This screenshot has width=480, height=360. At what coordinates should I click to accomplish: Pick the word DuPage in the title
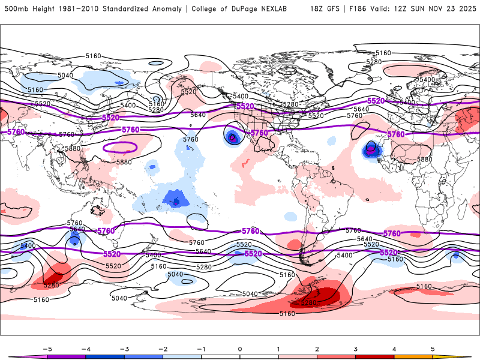(x=251, y=9)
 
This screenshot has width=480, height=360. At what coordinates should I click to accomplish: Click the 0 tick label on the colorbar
(x=240, y=349)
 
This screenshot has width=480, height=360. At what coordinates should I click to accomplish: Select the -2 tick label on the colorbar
(x=163, y=349)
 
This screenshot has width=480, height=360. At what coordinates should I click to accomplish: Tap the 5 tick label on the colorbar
(x=433, y=349)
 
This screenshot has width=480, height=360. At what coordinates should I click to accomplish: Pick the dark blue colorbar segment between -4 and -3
(x=104, y=356)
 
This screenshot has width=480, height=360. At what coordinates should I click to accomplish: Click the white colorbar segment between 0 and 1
(x=259, y=356)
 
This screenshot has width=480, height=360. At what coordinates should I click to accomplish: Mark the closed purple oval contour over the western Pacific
(x=120, y=146)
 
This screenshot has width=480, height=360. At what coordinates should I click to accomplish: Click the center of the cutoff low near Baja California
(x=233, y=137)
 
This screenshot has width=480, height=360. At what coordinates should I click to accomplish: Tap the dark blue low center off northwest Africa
(x=371, y=148)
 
